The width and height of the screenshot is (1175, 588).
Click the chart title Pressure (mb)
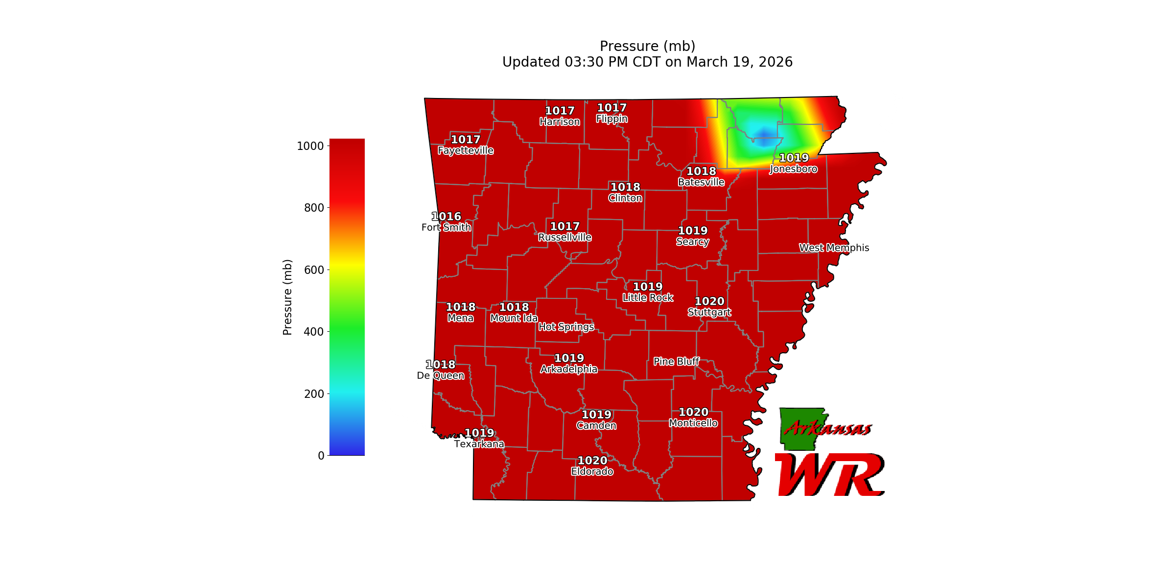pyautogui.click(x=647, y=46)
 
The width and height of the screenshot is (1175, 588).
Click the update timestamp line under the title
pyautogui.click(x=647, y=62)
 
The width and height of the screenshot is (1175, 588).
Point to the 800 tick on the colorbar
pyautogui.click(x=314, y=208)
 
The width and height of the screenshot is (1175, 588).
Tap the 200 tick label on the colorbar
pyautogui.click(x=314, y=394)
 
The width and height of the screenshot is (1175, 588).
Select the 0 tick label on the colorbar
pyautogui.click(x=321, y=456)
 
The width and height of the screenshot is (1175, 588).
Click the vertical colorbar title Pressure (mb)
pyautogui.click(x=287, y=297)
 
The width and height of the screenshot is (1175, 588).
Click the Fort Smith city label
pyautogui.click(x=446, y=227)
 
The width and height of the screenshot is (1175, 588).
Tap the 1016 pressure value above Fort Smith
pyautogui.click(x=446, y=217)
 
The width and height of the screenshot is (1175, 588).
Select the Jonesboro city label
pyautogui.click(x=794, y=169)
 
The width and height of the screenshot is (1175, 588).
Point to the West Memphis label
pyautogui.click(x=834, y=248)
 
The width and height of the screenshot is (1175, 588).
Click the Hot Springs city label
pyautogui.click(x=566, y=327)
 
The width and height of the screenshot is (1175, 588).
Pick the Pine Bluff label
pyautogui.click(x=677, y=362)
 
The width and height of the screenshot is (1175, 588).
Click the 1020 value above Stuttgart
pyautogui.click(x=709, y=301)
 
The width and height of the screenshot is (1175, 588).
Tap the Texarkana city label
pyautogui.click(x=479, y=444)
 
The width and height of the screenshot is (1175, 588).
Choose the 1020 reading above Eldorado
pyautogui.click(x=592, y=461)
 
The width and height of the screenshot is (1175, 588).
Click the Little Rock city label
pyautogui.click(x=648, y=298)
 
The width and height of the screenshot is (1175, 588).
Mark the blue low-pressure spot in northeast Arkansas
pyautogui.click(x=764, y=134)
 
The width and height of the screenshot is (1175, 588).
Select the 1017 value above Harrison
pyautogui.click(x=560, y=111)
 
